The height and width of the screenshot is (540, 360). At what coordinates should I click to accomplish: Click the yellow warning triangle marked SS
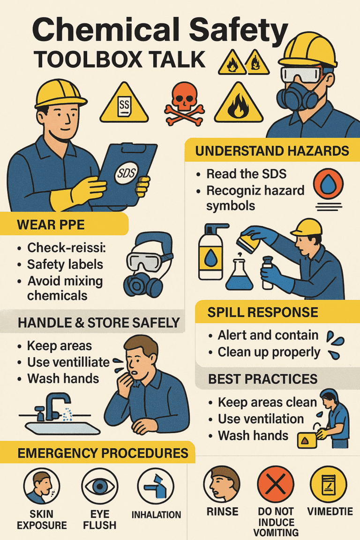click(x=124, y=104)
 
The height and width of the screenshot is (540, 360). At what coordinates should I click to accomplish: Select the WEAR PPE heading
click(x=51, y=225)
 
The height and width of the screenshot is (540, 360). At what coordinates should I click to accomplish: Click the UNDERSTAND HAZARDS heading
click(x=272, y=151)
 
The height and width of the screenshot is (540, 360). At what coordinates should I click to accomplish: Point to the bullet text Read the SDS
click(x=246, y=174)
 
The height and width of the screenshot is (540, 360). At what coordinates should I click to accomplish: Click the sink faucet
click(x=55, y=406)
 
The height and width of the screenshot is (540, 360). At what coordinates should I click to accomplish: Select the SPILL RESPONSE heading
click(x=262, y=312)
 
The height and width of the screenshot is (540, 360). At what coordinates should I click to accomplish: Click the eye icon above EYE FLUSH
click(x=100, y=486)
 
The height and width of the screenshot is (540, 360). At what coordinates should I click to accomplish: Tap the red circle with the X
click(x=276, y=484)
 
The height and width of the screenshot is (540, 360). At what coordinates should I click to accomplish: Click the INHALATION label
click(x=156, y=515)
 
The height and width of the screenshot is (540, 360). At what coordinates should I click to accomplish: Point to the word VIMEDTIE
click(x=330, y=511)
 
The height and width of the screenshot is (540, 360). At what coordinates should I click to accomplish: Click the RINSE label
click(x=223, y=511)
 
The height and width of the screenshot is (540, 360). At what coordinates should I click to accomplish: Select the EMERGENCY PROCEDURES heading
click(x=103, y=453)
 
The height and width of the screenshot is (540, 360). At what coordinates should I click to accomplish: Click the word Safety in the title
click(x=239, y=30)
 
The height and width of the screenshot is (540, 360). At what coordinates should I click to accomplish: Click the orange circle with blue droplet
click(x=328, y=184)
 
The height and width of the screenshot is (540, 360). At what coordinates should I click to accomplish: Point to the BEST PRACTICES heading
click(x=262, y=379)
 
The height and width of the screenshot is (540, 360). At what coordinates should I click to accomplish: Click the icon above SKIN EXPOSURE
click(x=42, y=486)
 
